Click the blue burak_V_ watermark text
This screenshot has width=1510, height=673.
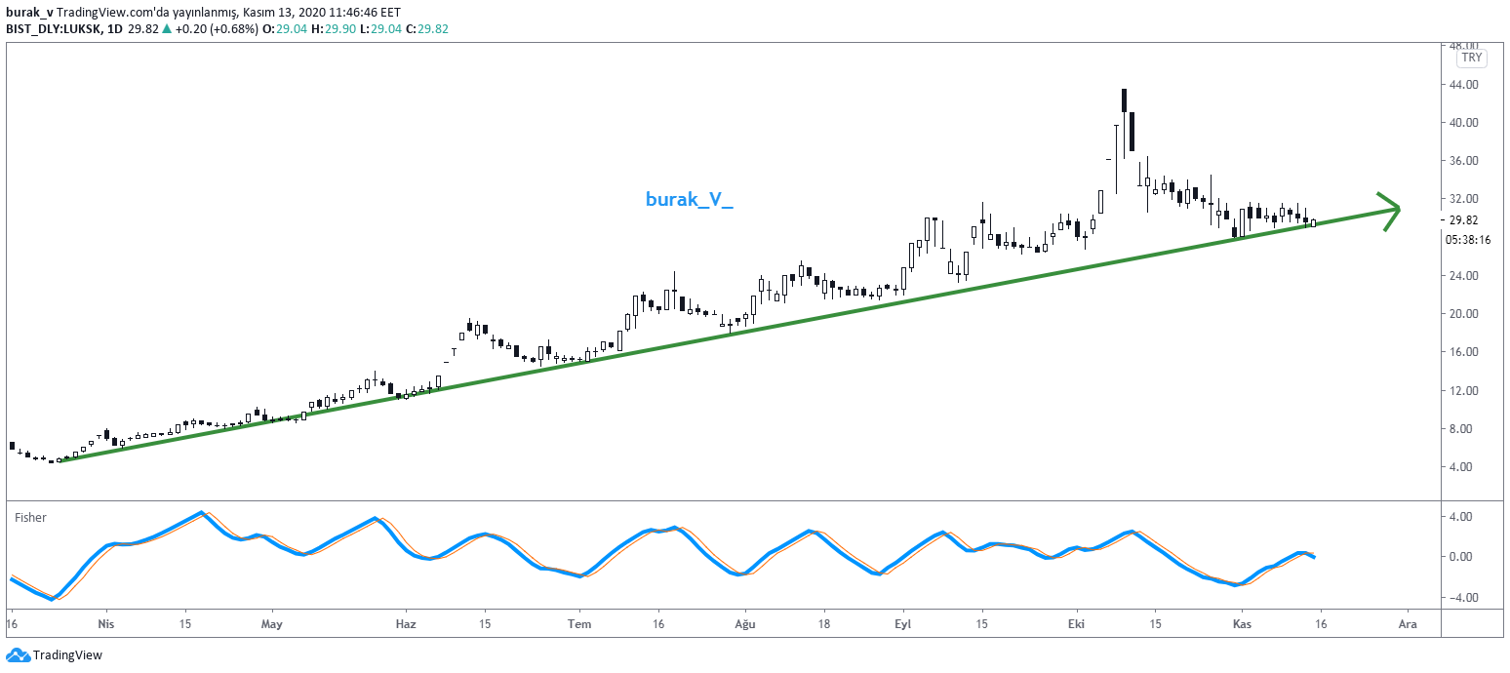[689, 200]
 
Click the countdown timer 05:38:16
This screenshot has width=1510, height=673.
[1467, 239]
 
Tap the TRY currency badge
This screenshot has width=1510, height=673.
[1471, 58]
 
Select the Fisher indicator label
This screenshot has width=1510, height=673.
[30, 518]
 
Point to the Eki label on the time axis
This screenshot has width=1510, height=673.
[1076, 623]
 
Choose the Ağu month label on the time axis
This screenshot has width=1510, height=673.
[745, 623]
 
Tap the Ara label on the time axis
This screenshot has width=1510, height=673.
[1407, 623]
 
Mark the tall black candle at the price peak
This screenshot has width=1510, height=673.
[1125, 100]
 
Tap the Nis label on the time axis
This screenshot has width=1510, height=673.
[107, 623]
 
